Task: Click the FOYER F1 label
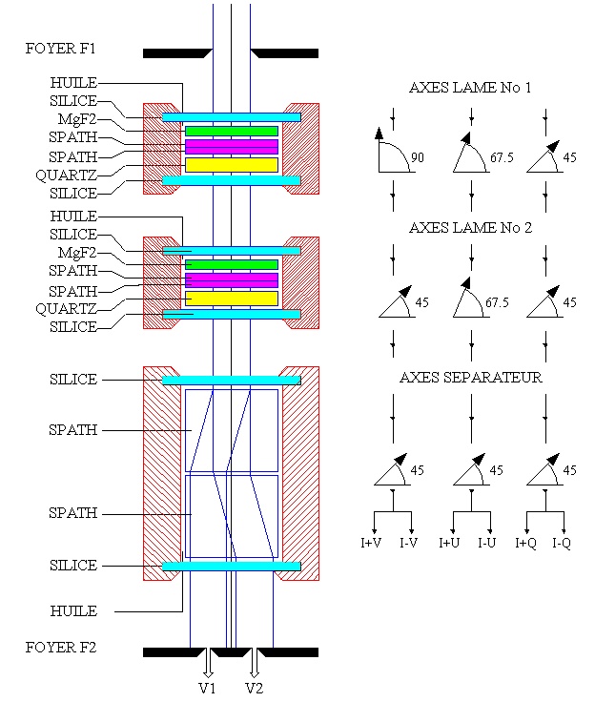61,48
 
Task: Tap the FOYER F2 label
61,648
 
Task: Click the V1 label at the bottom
207,688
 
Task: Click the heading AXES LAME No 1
470,88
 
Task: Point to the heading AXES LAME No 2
470,228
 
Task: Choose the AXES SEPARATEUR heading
470,378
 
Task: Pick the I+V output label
373,544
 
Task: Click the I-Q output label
562,544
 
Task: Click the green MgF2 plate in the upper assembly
232,131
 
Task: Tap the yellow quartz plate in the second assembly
232,299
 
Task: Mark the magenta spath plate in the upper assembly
232,147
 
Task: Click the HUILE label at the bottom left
72,610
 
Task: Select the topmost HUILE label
72,83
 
